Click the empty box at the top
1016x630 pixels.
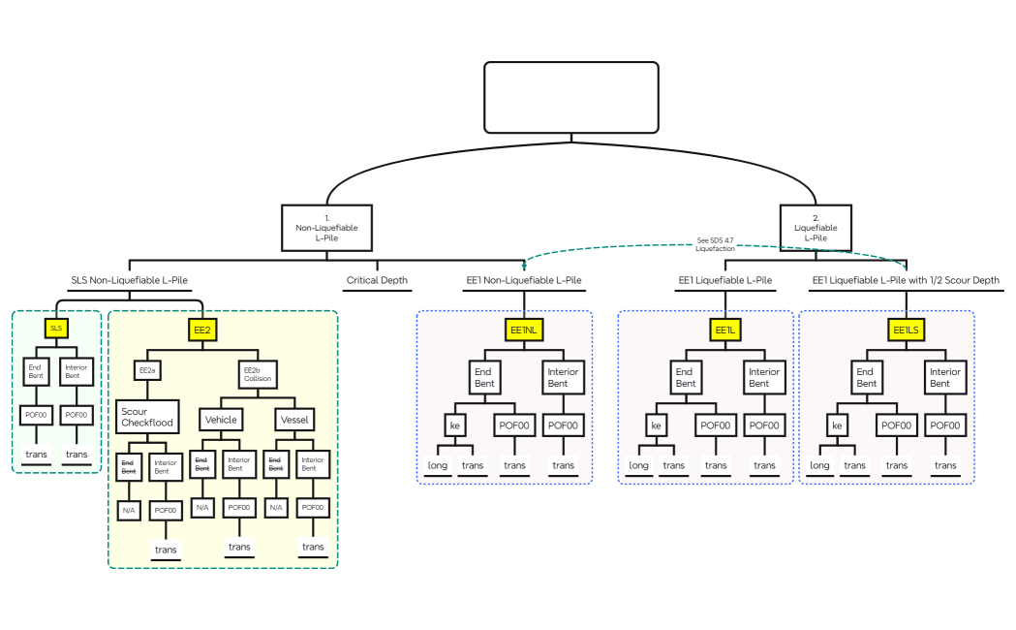tap(571, 97)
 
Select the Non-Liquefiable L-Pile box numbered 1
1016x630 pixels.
tap(326, 228)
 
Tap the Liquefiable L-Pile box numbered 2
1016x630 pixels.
tap(816, 228)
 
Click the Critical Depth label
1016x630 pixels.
tap(377, 281)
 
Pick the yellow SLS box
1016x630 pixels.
tap(56, 329)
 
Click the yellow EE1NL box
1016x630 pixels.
tap(523, 331)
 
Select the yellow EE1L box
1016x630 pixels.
tap(725, 331)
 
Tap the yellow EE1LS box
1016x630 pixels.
tap(907, 331)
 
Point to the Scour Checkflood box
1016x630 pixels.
tap(147, 418)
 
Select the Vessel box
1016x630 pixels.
tap(294, 420)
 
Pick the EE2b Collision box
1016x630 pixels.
tap(258, 374)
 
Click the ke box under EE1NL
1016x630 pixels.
tap(455, 425)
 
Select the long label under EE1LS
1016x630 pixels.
tap(819, 465)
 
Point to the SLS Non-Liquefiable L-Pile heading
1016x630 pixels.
tap(129, 281)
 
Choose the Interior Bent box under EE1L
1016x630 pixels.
tap(764, 377)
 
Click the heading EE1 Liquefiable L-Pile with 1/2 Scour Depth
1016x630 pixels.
tap(905, 281)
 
